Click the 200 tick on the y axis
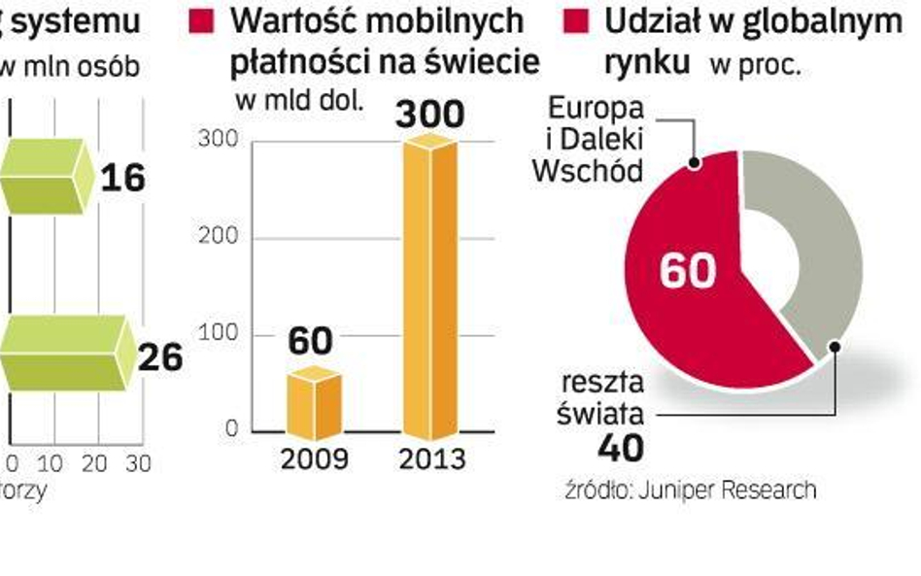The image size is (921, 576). tap(218, 238)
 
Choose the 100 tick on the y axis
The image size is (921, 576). tap(218, 334)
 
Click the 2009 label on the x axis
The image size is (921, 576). tap(314, 458)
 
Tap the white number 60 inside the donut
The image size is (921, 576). tap(687, 271)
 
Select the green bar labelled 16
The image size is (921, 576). tap(45, 175)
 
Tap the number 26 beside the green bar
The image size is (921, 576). tap(158, 357)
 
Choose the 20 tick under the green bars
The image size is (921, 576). tap(95, 464)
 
